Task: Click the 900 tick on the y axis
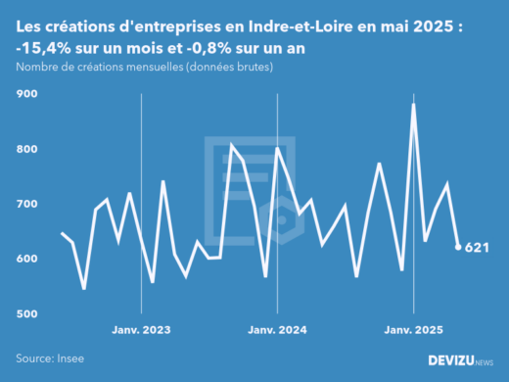pyautogui.click(x=25, y=94)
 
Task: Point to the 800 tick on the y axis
pyautogui.click(x=25, y=149)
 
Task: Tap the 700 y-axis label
pyautogui.click(x=25, y=204)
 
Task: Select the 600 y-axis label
pyautogui.click(x=25, y=259)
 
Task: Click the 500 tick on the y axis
pyautogui.click(x=25, y=313)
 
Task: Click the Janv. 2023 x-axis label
pyautogui.click(x=142, y=330)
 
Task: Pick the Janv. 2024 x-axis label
pyautogui.click(x=278, y=330)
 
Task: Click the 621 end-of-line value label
pyautogui.click(x=477, y=247)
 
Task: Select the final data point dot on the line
pyautogui.click(x=458, y=247)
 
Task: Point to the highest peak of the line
pyautogui.click(x=413, y=105)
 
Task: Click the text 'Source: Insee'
pyautogui.click(x=48, y=358)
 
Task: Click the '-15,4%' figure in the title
pyautogui.click(x=45, y=49)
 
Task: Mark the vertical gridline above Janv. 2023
pyautogui.click(x=142, y=196)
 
